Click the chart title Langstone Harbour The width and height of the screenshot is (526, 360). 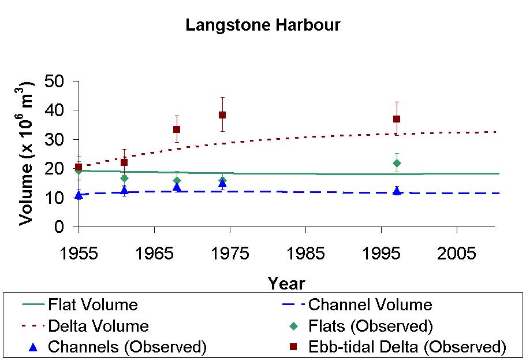(263, 25)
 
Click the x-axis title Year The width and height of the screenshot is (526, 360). (286, 284)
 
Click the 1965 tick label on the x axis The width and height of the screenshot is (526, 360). (154, 254)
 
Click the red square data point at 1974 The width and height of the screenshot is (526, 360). (222, 114)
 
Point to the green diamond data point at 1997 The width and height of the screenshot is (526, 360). (397, 163)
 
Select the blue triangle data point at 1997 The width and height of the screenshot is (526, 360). (397, 190)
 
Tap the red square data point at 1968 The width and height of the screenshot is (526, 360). (177, 129)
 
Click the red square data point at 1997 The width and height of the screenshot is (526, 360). (397, 119)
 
